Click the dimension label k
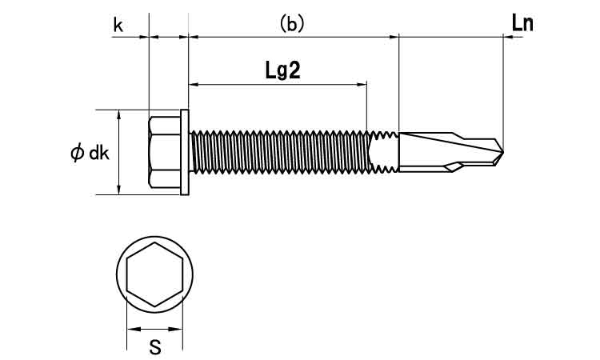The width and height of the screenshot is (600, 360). coord(118,25)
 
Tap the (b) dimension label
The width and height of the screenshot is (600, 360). coord(292,25)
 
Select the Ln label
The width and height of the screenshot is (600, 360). coord(522,23)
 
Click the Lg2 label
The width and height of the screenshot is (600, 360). coord(282,70)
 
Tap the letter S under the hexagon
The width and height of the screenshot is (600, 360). coord(154,346)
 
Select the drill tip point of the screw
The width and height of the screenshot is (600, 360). coord(504,151)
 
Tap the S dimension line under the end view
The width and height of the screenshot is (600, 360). coord(154,328)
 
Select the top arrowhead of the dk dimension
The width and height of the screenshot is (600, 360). coord(118,114)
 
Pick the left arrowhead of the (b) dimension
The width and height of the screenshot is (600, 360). coord(193,36)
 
